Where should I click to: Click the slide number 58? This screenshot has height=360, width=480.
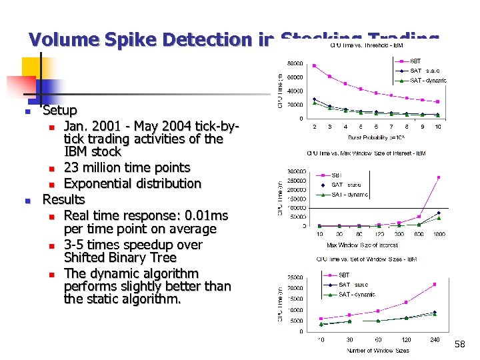pyautogui.click(x=459, y=344)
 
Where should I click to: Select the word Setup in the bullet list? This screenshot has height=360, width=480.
pyautogui.click(x=59, y=110)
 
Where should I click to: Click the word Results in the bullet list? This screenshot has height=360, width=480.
pyautogui.click(x=63, y=199)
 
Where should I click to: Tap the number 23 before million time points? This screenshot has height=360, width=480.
pyautogui.click(x=72, y=167)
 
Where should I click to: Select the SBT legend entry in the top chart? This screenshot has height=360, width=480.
pyautogui.click(x=415, y=61)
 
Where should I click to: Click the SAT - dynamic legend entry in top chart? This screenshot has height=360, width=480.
pyautogui.click(x=427, y=80)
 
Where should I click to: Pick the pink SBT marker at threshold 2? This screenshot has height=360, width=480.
pyautogui.click(x=315, y=65)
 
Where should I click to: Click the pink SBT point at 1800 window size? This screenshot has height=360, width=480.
pyautogui.click(x=438, y=177)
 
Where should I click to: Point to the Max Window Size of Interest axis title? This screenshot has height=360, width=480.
pyautogui.click(x=362, y=245)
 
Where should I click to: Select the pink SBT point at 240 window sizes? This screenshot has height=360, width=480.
pyautogui.click(x=435, y=284)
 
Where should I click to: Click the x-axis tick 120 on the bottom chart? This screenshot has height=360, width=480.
pyautogui.click(x=406, y=339)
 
